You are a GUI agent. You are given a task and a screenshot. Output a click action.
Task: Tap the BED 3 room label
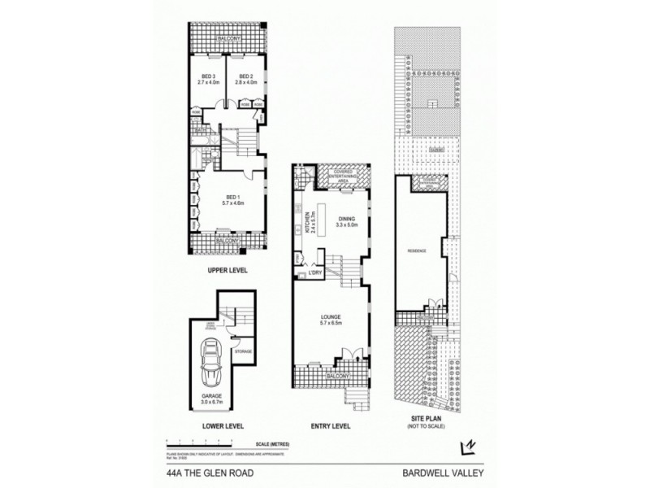click(203, 79)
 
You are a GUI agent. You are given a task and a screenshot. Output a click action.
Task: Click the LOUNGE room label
click(329, 319)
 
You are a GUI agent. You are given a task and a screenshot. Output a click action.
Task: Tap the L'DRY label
click(314, 274)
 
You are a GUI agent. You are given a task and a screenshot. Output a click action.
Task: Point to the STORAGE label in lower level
click(243, 351)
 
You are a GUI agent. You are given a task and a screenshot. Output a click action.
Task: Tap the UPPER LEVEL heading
click(227, 270)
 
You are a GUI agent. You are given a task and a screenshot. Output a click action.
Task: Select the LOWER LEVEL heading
click(227, 425)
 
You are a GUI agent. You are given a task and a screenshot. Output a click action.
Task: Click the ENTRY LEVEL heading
click(330, 425)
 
